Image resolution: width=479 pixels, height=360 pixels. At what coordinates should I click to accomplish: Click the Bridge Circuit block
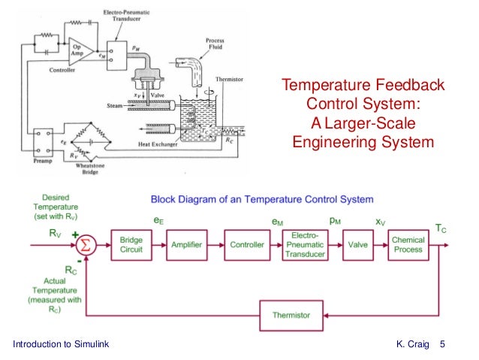(x=131, y=245)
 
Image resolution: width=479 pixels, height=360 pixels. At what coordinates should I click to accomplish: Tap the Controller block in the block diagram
(x=247, y=245)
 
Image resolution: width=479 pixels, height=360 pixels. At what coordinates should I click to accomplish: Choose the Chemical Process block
(x=408, y=245)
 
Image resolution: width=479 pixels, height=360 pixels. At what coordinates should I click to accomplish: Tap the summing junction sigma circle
(x=86, y=245)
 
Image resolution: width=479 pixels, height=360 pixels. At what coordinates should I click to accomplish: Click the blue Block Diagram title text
(x=261, y=200)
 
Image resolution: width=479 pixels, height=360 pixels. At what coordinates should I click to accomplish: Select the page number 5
(x=443, y=344)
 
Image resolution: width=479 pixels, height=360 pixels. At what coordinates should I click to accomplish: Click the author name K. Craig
(x=412, y=344)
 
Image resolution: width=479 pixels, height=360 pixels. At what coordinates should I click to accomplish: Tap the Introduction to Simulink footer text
(x=62, y=344)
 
